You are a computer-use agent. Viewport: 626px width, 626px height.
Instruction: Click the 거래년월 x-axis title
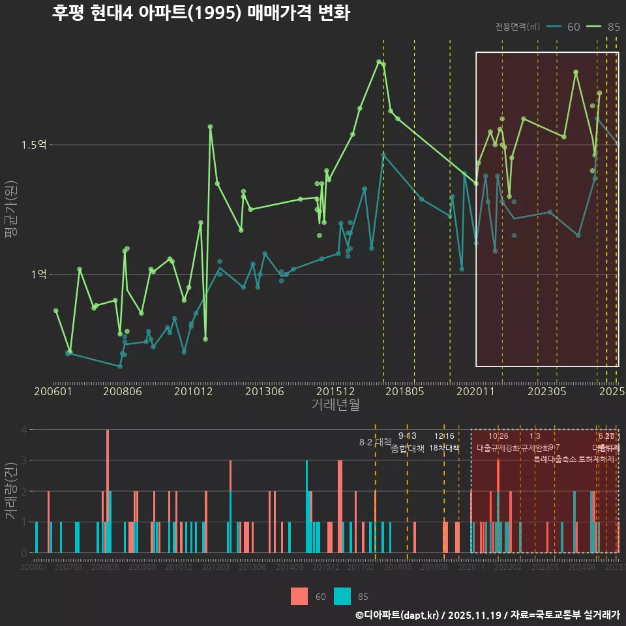point(335,404)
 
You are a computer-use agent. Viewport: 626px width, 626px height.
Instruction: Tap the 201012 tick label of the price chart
point(194,391)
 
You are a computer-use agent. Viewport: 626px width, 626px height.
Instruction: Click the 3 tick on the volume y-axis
point(24,460)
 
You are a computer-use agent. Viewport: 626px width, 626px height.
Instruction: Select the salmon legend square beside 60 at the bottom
point(299,596)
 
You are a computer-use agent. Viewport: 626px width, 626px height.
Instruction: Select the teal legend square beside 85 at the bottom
point(342,596)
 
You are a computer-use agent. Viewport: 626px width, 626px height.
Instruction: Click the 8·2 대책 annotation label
point(375,442)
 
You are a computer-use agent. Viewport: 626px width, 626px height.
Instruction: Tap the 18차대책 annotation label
point(444,448)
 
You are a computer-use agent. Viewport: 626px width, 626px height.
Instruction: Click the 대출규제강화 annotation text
point(498,448)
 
